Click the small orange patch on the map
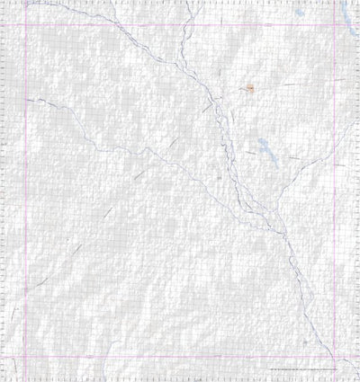(x=251, y=88)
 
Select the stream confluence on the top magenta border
(x=135, y=24)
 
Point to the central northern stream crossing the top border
(x=185, y=24)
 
